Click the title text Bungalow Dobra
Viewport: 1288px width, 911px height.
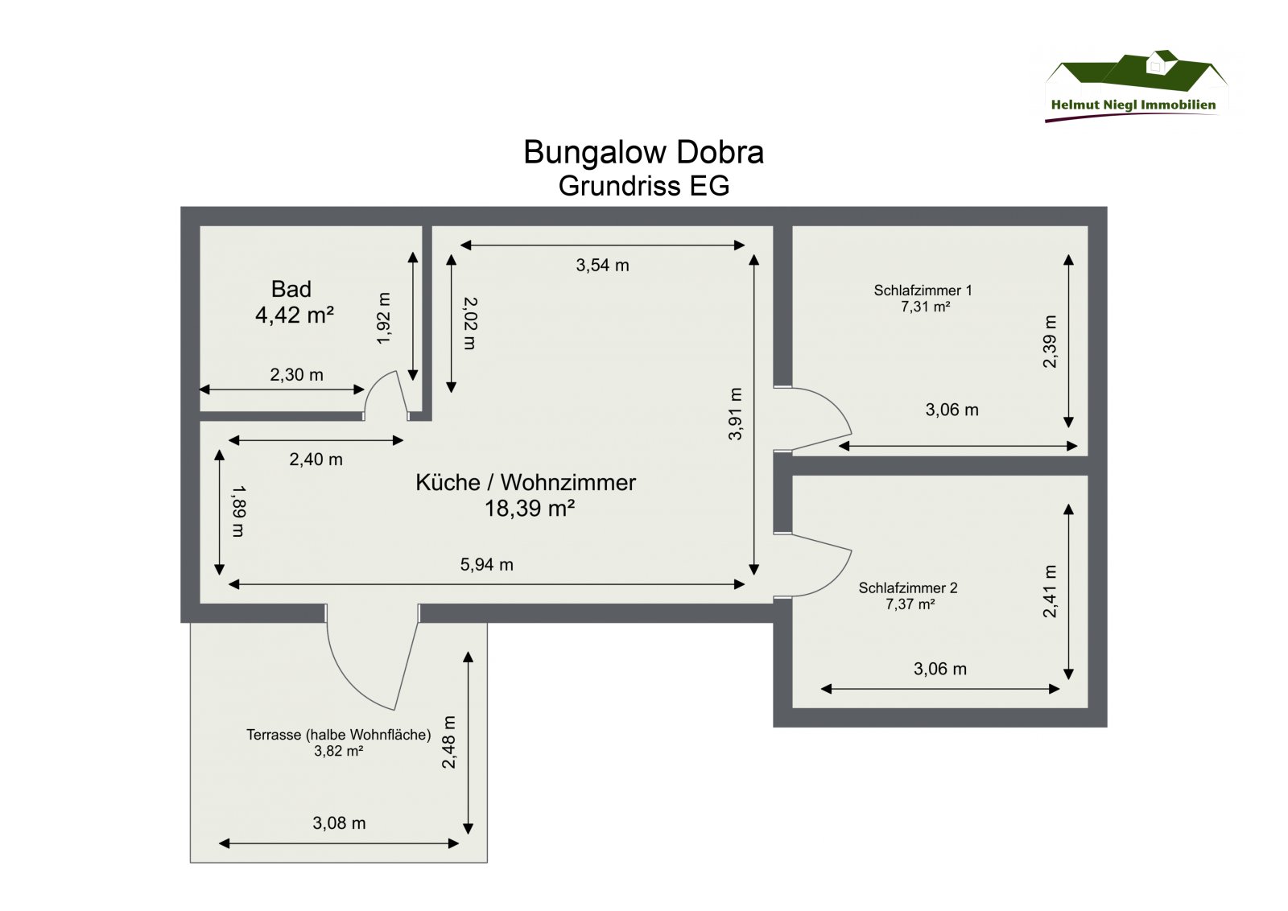(x=643, y=152)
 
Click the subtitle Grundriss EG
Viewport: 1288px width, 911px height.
(x=643, y=186)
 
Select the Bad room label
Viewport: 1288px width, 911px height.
(x=291, y=289)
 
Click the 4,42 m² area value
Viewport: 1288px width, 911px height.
(x=294, y=315)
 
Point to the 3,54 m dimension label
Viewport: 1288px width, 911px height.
(x=602, y=266)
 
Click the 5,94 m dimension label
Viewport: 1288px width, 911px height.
(x=486, y=565)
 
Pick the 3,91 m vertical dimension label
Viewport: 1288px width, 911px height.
(x=735, y=414)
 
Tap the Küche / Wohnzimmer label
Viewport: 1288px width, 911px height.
(x=525, y=482)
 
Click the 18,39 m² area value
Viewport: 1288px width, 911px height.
(x=529, y=509)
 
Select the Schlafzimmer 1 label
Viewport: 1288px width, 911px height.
(x=923, y=291)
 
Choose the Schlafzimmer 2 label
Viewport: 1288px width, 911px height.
(x=907, y=588)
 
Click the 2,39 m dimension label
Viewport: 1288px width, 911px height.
(x=1050, y=341)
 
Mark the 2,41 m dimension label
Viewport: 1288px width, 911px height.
(x=1050, y=592)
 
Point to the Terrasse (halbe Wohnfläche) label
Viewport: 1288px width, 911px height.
(x=338, y=735)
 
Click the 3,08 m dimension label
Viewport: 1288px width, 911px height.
(x=339, y=823)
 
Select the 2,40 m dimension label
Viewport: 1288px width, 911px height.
(x=316, y=460)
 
